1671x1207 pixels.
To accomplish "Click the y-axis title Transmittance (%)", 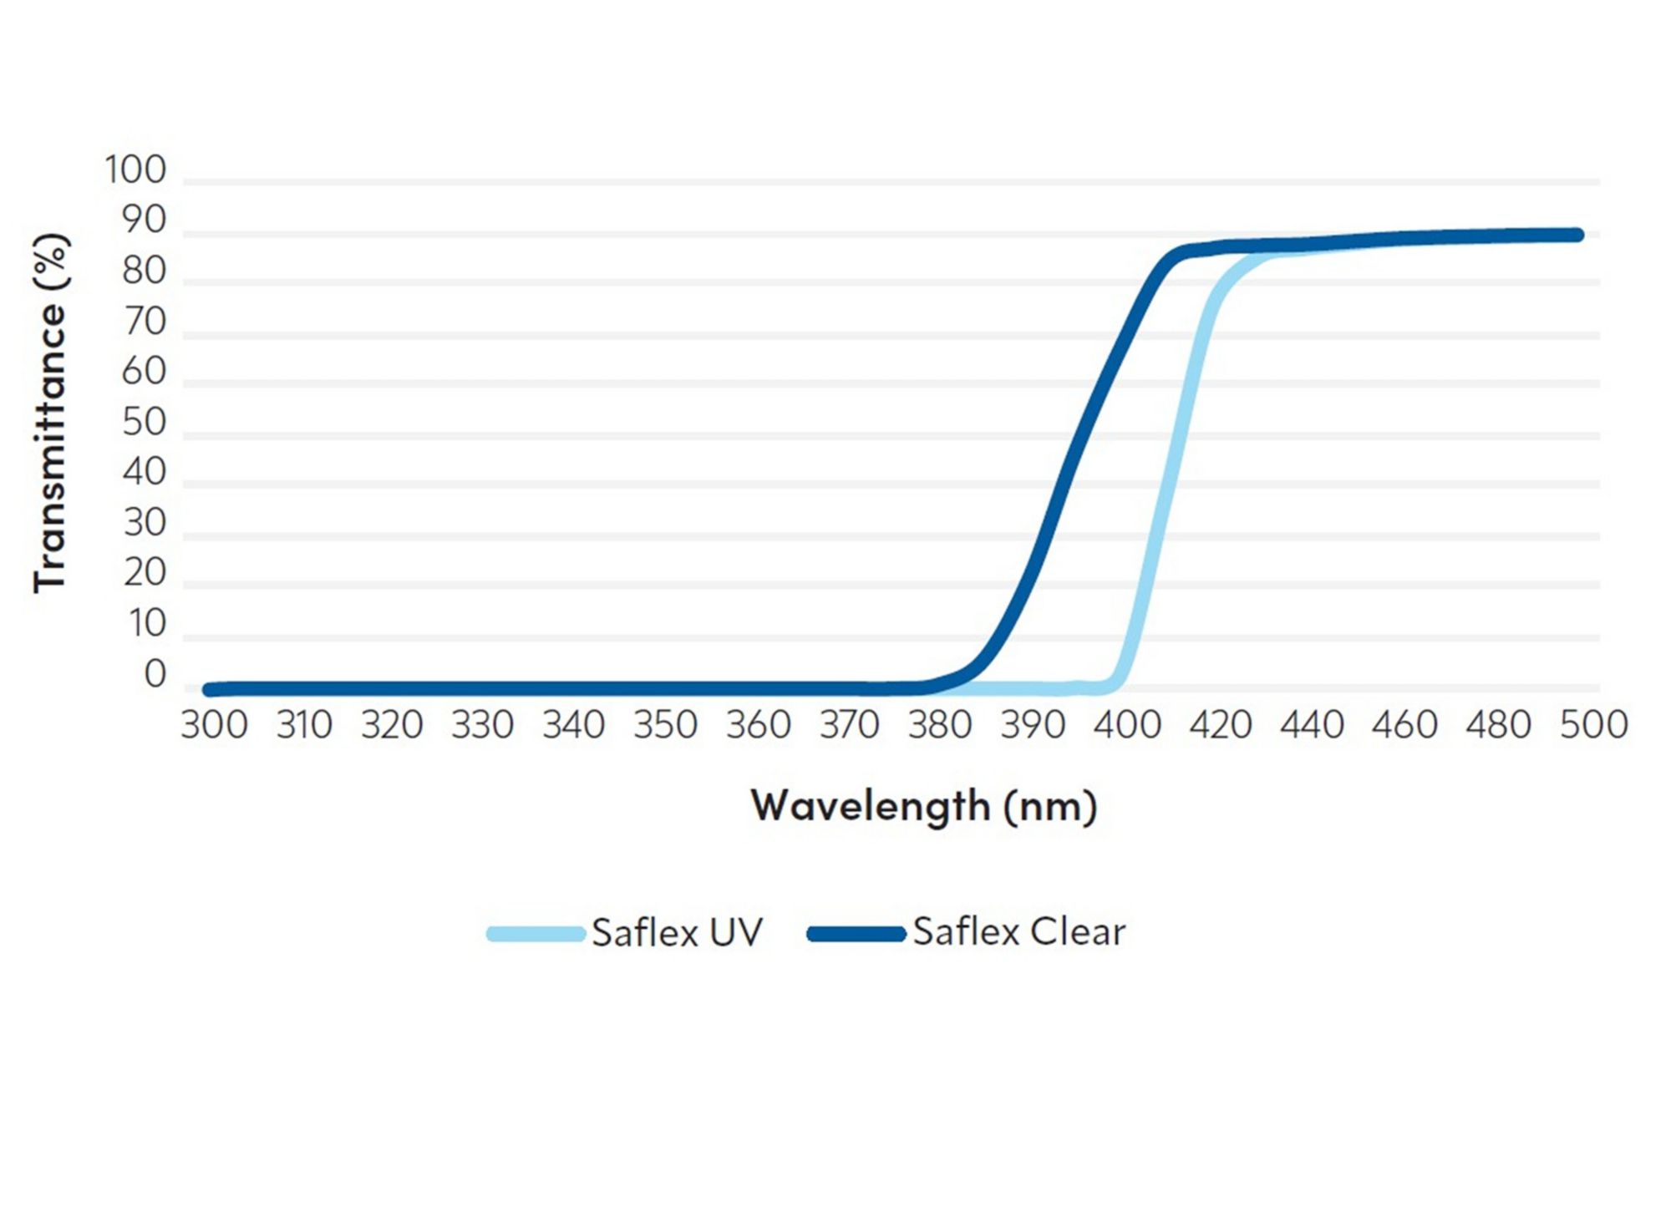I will (x=50, y=413).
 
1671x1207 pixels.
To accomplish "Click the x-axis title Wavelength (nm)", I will (x=923, y=806).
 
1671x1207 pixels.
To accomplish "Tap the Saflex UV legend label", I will (x=677, y=932).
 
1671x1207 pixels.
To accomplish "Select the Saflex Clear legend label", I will (x=1018, y=931).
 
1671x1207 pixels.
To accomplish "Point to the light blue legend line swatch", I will (x=536, y=934).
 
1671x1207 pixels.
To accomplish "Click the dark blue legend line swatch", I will (x=856, y=934).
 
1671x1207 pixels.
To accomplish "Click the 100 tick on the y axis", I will (x=135, y=170).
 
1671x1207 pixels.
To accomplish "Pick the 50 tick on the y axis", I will (x=144, y=423).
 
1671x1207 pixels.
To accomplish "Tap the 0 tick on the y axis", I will (x=155, y=674).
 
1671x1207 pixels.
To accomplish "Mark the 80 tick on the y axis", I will (x=144, y=271).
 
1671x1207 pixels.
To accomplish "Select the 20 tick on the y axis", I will (x=145, y=573).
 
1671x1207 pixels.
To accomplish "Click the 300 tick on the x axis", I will (x=214, y=724).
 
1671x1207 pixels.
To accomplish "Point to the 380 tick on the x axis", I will (x=940, y=724).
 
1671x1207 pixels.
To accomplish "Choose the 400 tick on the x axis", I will (x=1127, y=724).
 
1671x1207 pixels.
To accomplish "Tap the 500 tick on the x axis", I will (x=1593, y=724).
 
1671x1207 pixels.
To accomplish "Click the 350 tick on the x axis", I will (x=665, y=724).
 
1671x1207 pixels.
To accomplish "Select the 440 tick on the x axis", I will (x=1312, y=724).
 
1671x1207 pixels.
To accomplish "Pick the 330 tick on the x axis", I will (x=482, y=724).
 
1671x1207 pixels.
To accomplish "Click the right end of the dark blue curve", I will (x=1577, y=235).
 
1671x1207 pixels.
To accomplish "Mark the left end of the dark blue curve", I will (x=208, y=690).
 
